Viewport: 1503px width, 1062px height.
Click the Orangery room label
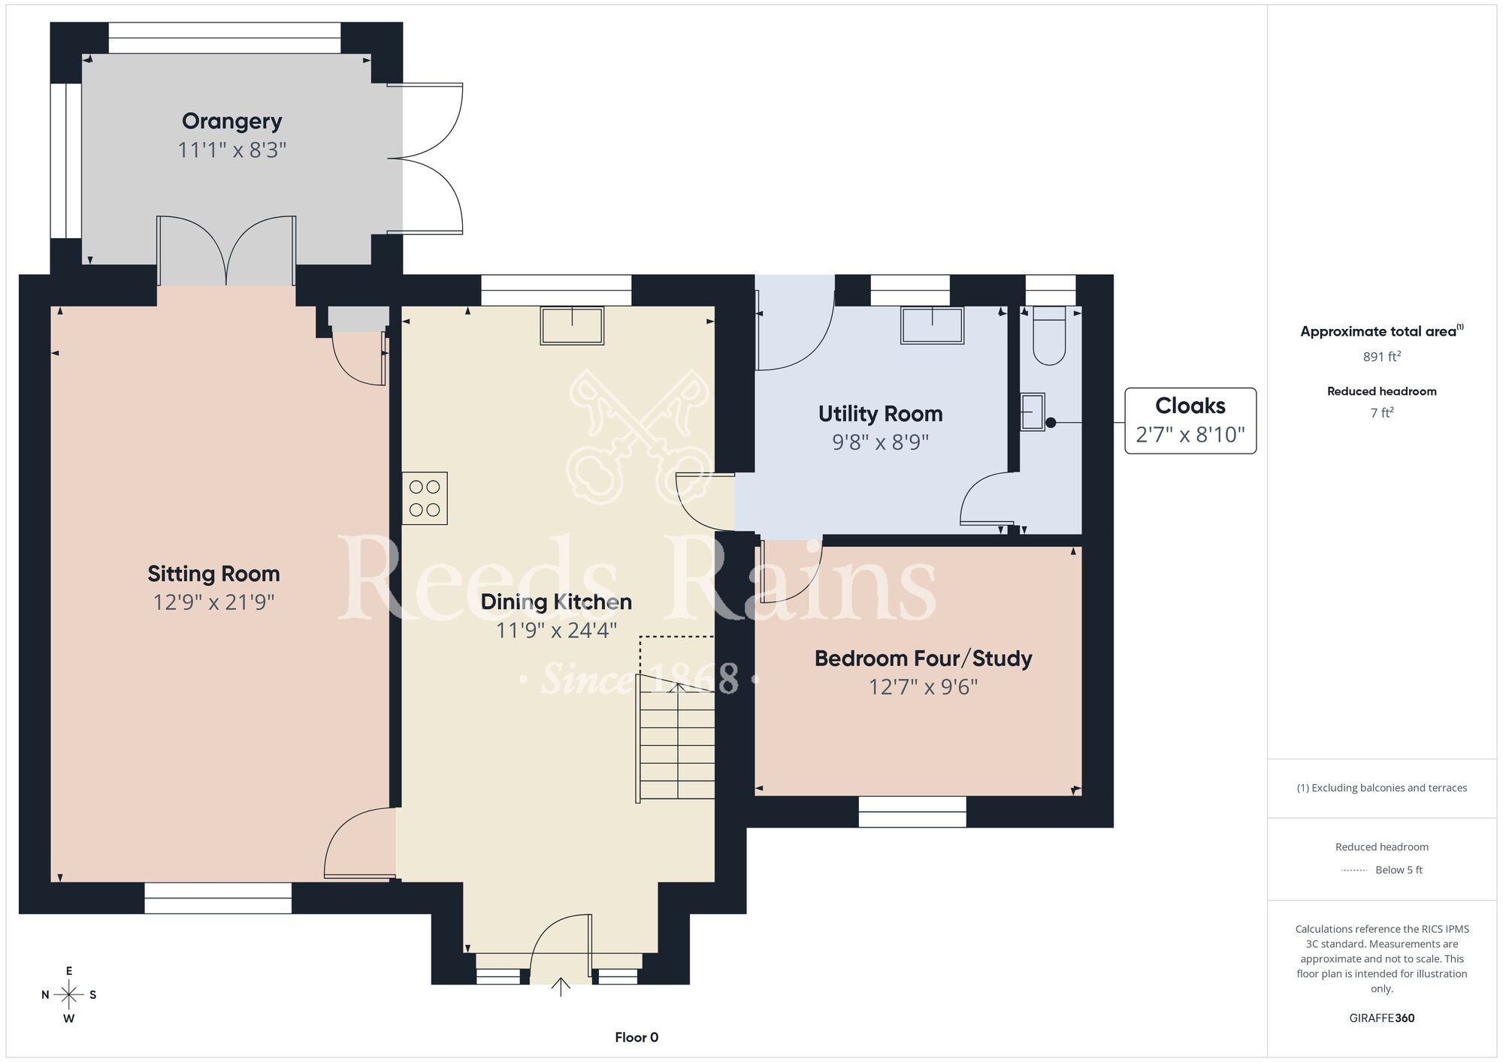click(231, 121)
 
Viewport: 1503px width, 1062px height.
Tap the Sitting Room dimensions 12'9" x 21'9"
click(214, 602)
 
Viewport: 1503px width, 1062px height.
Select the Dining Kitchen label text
click(556, 602)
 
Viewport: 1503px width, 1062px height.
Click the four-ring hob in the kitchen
click(425, 498)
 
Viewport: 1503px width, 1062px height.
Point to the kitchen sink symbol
click(572, 325)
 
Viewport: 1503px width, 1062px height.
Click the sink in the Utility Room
click(932, 325)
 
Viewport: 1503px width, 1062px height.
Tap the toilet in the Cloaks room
click(1049, 335)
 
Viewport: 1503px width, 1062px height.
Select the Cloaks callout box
click(1190, 421)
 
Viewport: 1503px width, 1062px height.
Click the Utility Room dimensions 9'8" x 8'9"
click(881, 442)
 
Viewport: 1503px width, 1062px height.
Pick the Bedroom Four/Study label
click(924, 659)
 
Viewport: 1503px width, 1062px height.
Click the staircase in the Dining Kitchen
click(676, 737)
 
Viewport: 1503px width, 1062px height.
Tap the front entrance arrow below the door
click(561, 986)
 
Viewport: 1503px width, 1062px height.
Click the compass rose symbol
click(69, 995)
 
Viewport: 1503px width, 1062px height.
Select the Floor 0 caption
click(637, 1037)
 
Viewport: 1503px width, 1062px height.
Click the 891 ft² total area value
click(1381, 357)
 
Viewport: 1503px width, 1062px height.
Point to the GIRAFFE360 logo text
click(1382, 1018)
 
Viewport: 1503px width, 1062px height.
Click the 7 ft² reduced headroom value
click(1381, 412)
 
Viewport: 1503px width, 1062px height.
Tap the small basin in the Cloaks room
click(1033, 412)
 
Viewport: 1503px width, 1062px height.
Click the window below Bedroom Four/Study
click(912, 812)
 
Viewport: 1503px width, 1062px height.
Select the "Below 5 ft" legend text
click(1399, 870)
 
